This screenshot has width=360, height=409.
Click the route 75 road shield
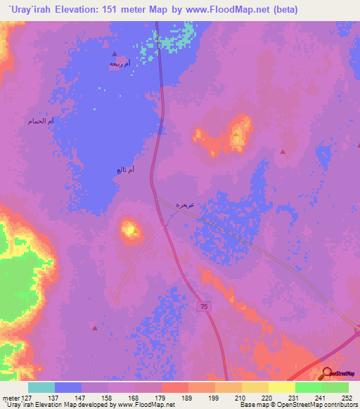[x=204, y=307]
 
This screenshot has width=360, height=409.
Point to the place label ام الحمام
[x=41, y=122]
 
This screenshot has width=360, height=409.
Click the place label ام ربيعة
[x=120, y=64]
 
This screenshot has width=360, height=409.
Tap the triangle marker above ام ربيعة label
[x=115, y=53]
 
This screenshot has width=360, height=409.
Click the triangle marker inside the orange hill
[x=237, y=134]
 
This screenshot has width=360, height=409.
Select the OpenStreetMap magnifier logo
[x=327, y=373]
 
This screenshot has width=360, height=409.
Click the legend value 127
[x=28, y=397]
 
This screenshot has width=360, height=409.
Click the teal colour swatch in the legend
[x=41, y=387]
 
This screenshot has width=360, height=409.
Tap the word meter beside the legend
[x=11, y=397]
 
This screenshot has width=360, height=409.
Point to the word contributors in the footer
[x=340, y=405]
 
